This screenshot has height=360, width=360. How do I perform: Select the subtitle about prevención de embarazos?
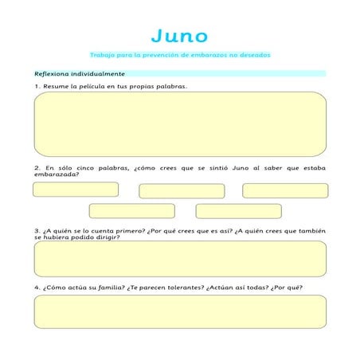(x=181, y=55)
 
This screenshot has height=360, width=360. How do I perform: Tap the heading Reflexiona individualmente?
(x=70, y=72)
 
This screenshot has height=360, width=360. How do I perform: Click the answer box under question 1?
(x=180, y=123)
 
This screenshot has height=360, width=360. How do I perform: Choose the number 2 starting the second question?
(x=37, y=168)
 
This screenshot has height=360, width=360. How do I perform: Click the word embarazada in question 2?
(x=56, y=174)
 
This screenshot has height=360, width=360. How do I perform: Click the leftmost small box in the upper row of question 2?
(x=76, y=190)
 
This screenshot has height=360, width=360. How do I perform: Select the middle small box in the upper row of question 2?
(x=182, y=191)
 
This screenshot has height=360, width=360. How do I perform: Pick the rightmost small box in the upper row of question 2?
(x=285, y=190)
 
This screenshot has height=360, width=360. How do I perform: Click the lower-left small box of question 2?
(x=131, y=211)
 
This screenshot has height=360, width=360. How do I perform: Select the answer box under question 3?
(x=180, y=259)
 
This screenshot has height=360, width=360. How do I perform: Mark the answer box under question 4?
(x=180, y=311)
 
